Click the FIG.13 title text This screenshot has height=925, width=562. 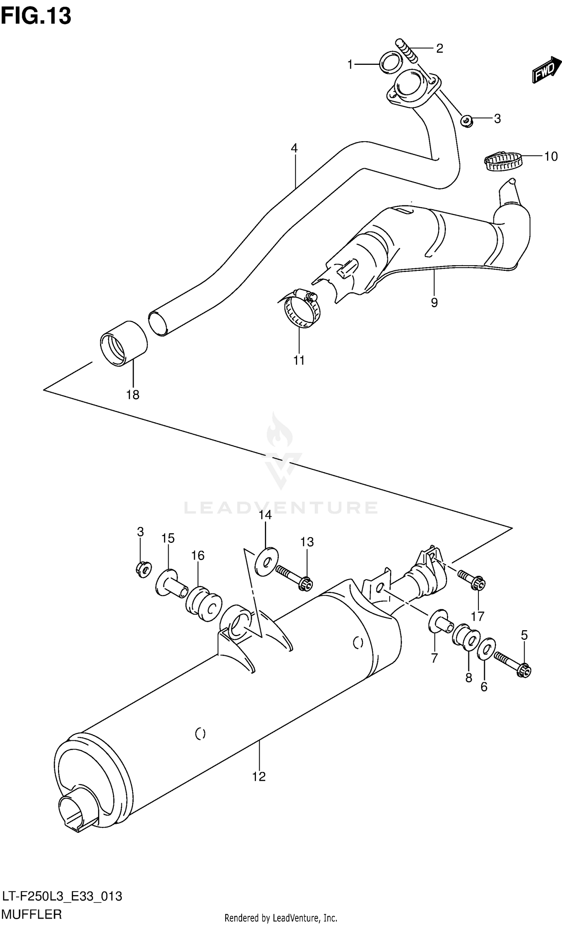tap(36, 16)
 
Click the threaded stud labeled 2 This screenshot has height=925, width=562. tap(406, 51)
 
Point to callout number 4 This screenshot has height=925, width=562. tap(294, 148)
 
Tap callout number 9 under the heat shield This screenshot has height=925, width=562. tap(434, 303)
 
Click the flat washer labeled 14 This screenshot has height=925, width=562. tap(266, 562)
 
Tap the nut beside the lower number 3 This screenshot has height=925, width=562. tap(143, 569)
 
